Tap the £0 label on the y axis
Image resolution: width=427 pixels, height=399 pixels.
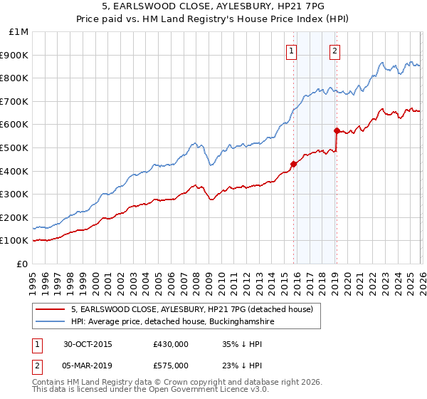click(x=23, y=264)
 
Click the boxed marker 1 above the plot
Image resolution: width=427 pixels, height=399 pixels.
click(x=292, y=50)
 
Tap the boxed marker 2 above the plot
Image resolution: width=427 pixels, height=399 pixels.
click(x=334, y=50)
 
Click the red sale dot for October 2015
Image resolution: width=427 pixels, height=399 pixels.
click(x=294, y=164)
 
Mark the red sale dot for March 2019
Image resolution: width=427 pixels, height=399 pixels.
click(x=337, y=130)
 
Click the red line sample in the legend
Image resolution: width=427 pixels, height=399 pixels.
click(x=51, y=309)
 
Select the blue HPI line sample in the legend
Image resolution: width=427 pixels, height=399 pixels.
click(x=51, y=322)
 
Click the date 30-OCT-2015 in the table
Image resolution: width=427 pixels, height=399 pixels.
click(x=88, y=343)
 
